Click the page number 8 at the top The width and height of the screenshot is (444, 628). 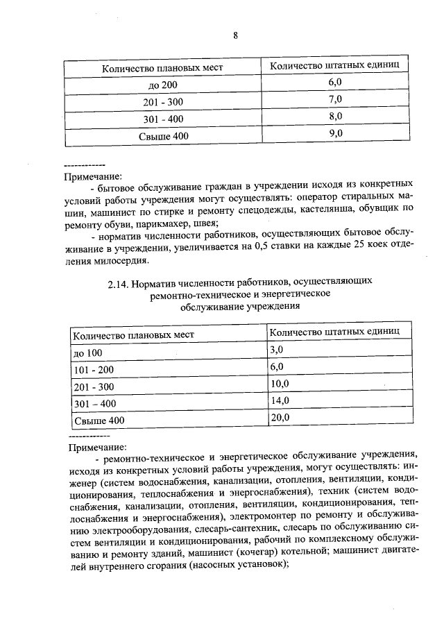[x=235, y=37]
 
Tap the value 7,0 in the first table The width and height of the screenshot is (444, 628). [x=336, y=99]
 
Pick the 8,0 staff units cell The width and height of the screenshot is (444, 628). [x=336, y=117]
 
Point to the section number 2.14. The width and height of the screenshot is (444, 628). [x=119, y=283]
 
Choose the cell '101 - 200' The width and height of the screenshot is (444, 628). [x=94, y=369]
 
